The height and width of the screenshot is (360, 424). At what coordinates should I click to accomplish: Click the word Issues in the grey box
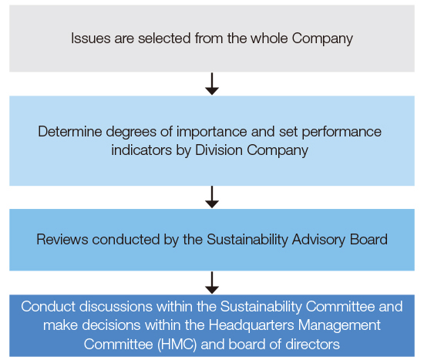[x=91, y=38]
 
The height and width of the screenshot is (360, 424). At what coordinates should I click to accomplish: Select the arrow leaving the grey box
[x=212, y=83]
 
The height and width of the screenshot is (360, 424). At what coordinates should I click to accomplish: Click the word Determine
[x=70, y=132]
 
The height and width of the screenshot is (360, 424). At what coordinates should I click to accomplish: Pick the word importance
[x=212, y=133]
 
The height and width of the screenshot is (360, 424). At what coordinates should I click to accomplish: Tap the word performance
[x=342, y=133]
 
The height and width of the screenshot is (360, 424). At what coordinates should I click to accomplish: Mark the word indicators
[x=141, y=150]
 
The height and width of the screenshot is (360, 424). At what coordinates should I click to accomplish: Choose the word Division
[x=219, y=150]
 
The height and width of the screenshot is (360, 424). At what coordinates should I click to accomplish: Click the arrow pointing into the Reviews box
[x=212, y=197]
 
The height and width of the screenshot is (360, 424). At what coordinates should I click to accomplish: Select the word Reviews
[x=62, y=240]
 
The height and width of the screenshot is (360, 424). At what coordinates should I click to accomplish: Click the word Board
[x=368, y=240]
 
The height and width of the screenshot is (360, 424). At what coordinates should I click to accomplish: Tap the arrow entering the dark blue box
[x=212, y=283]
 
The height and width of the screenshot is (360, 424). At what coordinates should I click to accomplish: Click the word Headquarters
[x=251, y=325]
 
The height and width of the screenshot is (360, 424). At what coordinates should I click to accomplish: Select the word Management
[x=339, y=325]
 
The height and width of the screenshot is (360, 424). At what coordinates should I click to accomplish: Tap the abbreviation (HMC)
[x=177, y=345]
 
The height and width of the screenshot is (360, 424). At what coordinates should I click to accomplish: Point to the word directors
[x=312, y=345]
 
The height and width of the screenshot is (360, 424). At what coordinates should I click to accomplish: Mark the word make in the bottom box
[x=61, y=325]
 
